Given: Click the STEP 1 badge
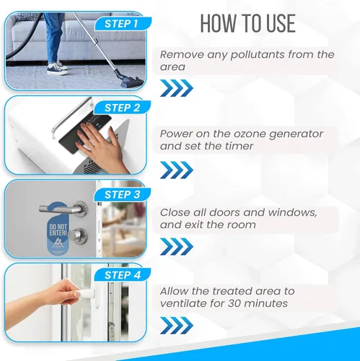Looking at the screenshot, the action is click(x=123, y=24).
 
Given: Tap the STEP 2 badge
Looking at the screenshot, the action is click(x=123, y=108).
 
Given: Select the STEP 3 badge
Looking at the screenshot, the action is click(x=123, y=194).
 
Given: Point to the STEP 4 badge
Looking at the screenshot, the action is click(x=123, y=275).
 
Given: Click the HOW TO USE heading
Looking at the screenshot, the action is click(x=248, y=23).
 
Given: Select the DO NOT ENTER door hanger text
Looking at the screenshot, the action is click(x=58, y=230).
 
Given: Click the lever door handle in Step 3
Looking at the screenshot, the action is click(x=63, y=209).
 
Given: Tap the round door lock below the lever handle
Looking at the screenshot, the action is click(x=80, y=236).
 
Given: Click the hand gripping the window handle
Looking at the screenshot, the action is click(x=63, y=293).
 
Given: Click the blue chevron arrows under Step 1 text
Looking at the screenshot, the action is click(x=177, y=88).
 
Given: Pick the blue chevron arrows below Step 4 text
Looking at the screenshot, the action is click(x=177, y=326).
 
